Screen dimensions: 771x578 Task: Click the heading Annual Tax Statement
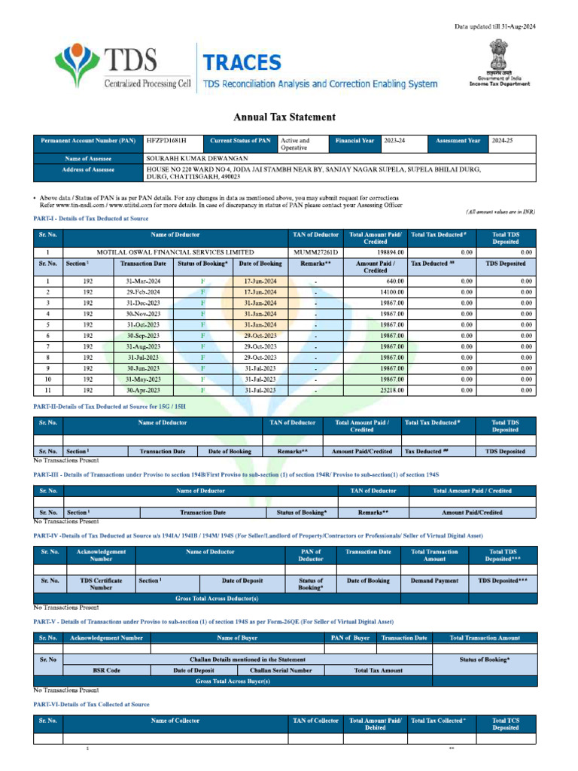pos(284,117)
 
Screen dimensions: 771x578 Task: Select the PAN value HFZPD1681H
pos(165,141)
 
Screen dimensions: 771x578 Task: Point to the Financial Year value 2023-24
pos(394,141)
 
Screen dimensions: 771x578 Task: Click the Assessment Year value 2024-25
pos(502,141)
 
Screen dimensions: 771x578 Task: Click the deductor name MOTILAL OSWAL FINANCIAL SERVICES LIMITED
pos(175,252)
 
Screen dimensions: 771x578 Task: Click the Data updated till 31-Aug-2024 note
pos(494,27)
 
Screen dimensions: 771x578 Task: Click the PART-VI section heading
pos(91,703)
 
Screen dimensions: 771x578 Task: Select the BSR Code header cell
pos(102,669)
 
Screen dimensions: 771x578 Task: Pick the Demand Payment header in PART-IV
pos(434,581)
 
